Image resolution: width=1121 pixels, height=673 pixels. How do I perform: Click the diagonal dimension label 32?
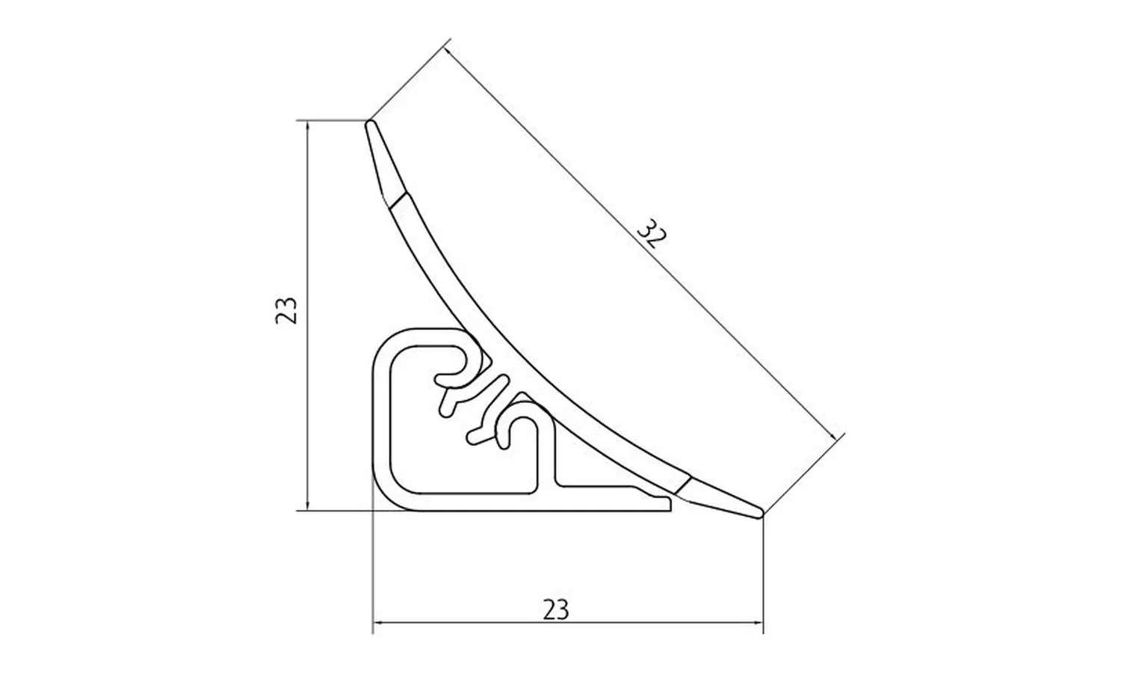[652, 234]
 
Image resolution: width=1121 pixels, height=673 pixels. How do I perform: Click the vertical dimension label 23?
[287, 311]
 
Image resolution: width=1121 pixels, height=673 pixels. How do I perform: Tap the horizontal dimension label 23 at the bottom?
[555, 610]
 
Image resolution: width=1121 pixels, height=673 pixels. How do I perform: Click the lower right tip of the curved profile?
[760, 513]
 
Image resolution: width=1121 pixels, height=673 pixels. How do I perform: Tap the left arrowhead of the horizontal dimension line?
[380, 623]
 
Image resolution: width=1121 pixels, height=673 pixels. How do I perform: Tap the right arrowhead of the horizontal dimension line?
[756, 623]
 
